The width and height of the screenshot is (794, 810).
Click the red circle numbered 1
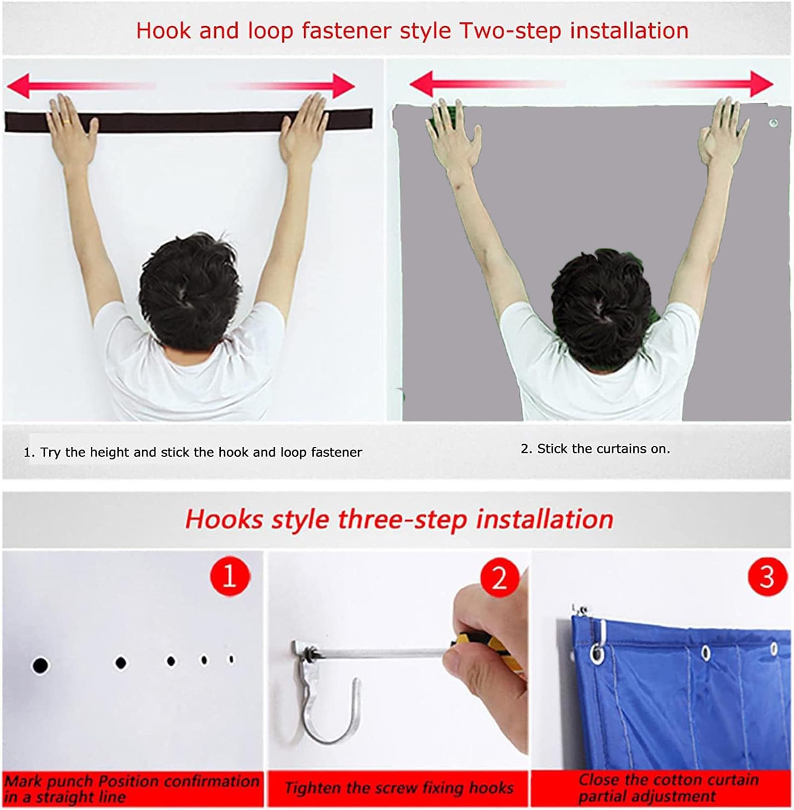[229, 576]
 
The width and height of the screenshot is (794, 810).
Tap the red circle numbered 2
[499, 577]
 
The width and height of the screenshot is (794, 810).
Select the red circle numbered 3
[767, 576]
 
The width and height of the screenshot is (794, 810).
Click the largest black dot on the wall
[40, 665]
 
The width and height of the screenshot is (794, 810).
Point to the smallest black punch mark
[231, 659]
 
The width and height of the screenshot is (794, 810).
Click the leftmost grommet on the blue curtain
[597, 654]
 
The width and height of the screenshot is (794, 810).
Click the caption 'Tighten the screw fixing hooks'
[399, 788]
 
